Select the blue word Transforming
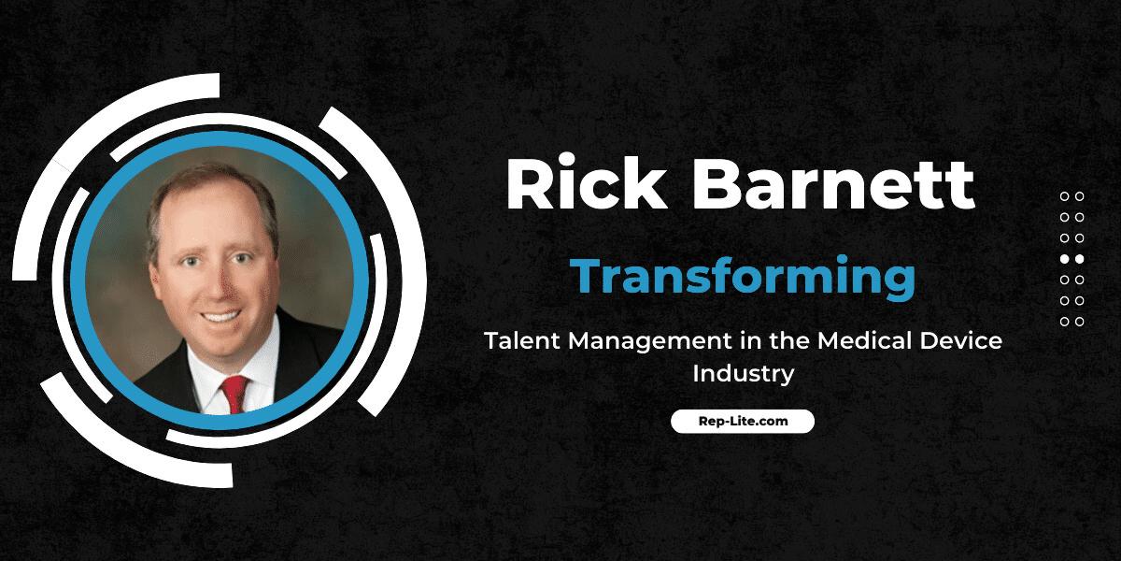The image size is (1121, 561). (x=743, y=276)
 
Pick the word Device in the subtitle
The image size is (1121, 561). (x=961, y=341)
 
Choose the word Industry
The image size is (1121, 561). (x=743, y=374)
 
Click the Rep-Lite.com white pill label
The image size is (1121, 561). (x=743, y=422)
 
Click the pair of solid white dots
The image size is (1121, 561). (x=1071, y=259)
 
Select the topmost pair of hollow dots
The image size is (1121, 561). (x=1071, y=196)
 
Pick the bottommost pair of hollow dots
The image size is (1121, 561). (x=1071, y=322)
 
